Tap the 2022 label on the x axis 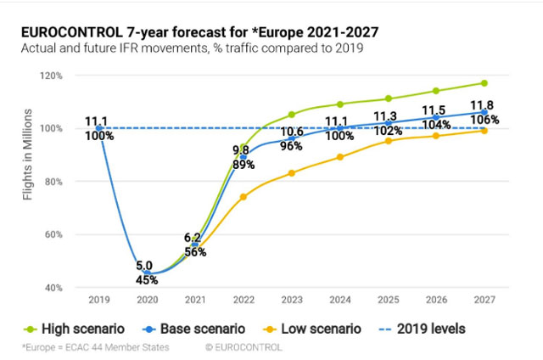point(243,300)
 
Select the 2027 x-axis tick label point(484,300)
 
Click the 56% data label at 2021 point(195,252)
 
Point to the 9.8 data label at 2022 point(242,150)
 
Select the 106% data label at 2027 point(484,120)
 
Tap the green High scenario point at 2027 point(484,82)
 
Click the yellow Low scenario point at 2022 point(243,197)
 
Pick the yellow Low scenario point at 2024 point(339,157)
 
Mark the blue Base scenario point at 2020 point(146,273)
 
